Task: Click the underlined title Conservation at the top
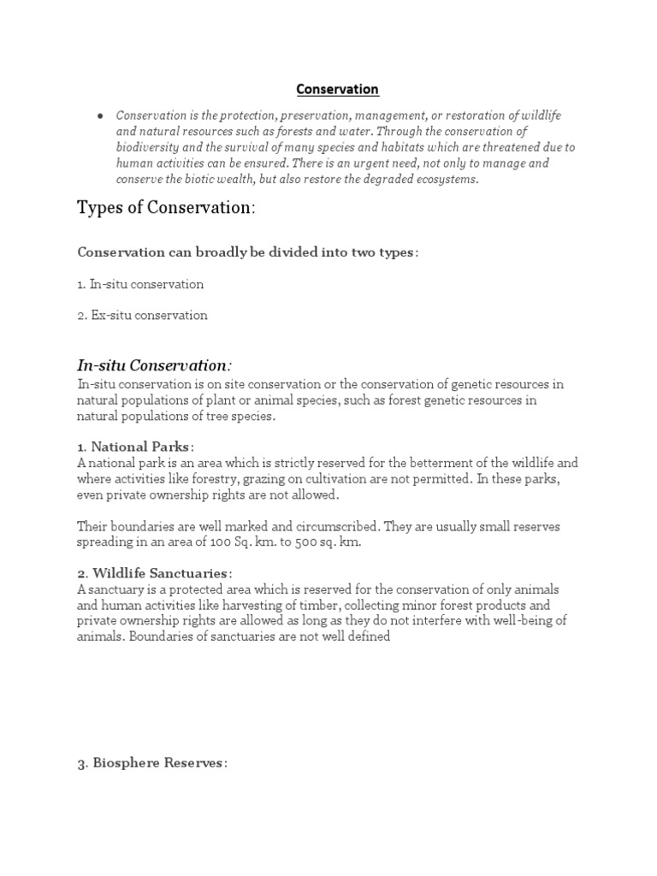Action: (x=337, y=89)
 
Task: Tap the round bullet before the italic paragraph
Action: (x=101, y=115)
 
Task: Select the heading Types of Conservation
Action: (x=166, y=209)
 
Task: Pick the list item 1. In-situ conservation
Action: (x=140, y=283)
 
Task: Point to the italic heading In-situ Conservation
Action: (x=154, y=365)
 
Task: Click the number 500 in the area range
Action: (x=291, y=542)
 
